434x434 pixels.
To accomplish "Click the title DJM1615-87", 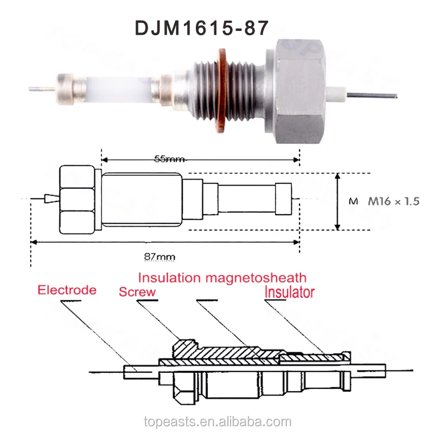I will [201, 28].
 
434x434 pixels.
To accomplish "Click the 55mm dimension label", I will [169, 159].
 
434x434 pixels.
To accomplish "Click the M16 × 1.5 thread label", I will [394, 201].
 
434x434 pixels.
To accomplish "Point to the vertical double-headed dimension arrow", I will [338, 201].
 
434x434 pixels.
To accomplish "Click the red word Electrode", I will [67, 290].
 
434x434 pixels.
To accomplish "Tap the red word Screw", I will [137, 291].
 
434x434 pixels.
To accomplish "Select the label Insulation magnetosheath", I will [222, 278].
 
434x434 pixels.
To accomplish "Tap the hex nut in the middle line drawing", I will [78, 201].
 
